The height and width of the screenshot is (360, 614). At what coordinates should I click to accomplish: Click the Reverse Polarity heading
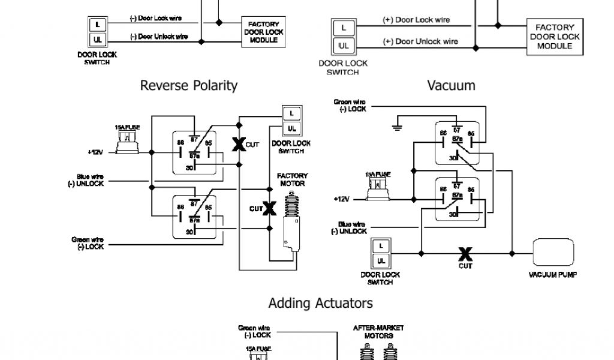tap(188, 85)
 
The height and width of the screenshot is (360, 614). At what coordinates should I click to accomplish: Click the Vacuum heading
tap(451, 85)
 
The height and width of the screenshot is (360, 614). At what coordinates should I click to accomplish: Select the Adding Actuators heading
tap(320, 303)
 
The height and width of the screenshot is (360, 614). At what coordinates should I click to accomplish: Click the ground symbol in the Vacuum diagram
tap(396, 125)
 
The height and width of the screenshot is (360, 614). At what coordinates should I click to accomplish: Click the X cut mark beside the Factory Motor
tap(269, 208)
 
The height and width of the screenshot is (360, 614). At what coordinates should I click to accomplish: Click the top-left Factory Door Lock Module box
tap(264, 32)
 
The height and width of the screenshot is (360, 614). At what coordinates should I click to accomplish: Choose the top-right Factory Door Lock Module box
tap(555, 37)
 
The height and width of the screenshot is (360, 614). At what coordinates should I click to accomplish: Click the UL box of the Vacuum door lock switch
tap(380, 260)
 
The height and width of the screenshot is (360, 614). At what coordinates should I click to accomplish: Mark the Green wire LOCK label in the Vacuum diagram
tap(350, 106)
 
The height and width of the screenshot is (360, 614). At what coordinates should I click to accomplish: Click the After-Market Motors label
tap(378, 332)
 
